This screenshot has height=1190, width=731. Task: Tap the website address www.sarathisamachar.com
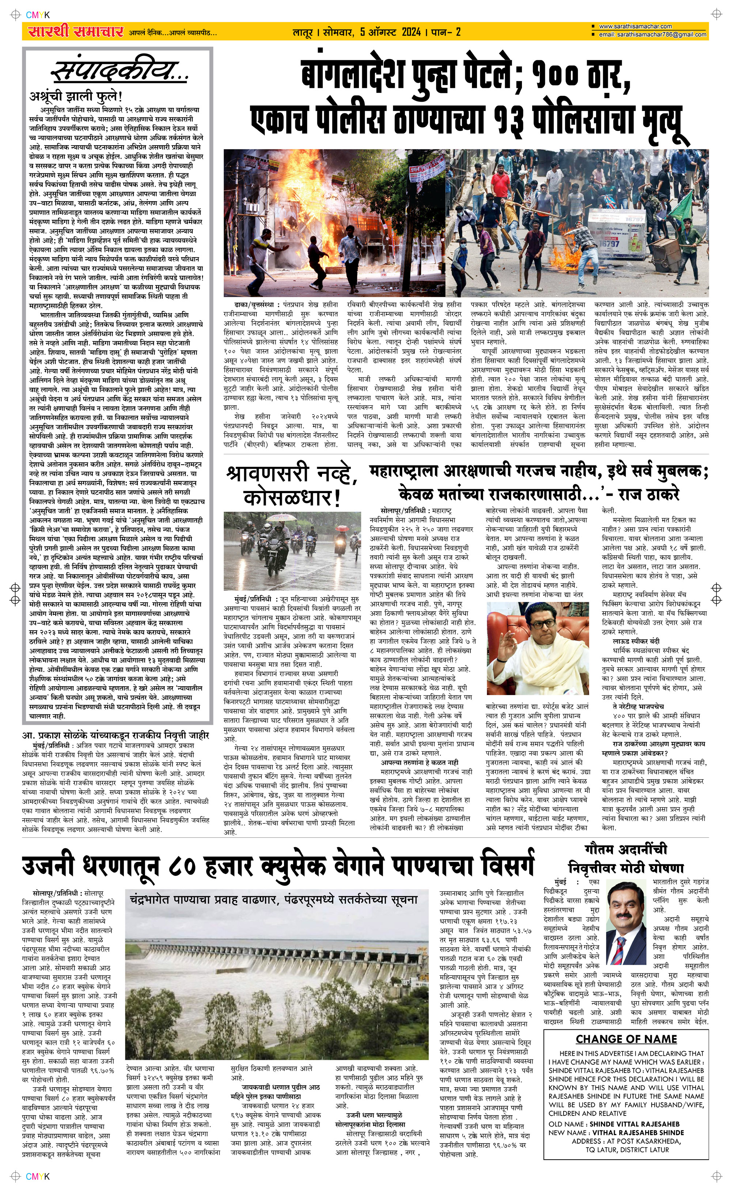(x=635, y=26)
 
